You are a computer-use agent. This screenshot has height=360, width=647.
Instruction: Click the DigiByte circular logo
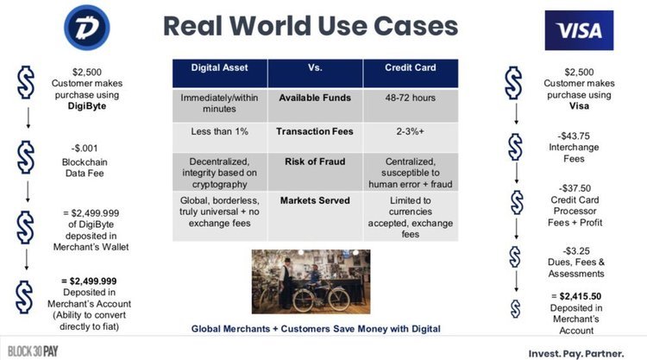coord(86,28)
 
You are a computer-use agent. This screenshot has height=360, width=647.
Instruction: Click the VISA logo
coord(579,30)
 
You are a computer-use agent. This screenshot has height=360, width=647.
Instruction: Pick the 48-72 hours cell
coord(410,98)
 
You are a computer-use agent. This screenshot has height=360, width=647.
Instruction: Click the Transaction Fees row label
coord(315,132)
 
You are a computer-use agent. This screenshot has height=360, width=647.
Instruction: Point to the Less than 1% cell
coord(219,132)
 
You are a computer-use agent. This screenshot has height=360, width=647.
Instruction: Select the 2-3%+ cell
coord(410,132)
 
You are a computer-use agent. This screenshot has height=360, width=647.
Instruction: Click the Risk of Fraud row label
coord(315,161)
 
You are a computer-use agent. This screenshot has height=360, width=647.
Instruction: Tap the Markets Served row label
coord(315,200)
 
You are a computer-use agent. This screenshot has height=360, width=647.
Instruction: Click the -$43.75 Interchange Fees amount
coord(574,136)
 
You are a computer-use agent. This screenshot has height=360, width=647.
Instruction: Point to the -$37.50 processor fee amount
coord(575,188)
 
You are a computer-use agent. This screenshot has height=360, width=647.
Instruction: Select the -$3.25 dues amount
coord(575,251)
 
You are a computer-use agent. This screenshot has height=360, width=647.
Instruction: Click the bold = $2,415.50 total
coord(576,296)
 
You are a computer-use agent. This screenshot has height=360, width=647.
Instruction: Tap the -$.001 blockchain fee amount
coord(85,148)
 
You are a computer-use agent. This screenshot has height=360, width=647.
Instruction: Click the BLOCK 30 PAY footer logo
coord(33,351)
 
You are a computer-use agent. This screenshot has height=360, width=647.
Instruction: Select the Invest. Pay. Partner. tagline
coord(576,354)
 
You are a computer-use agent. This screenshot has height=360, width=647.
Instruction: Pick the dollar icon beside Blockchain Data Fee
coord(26,157)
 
